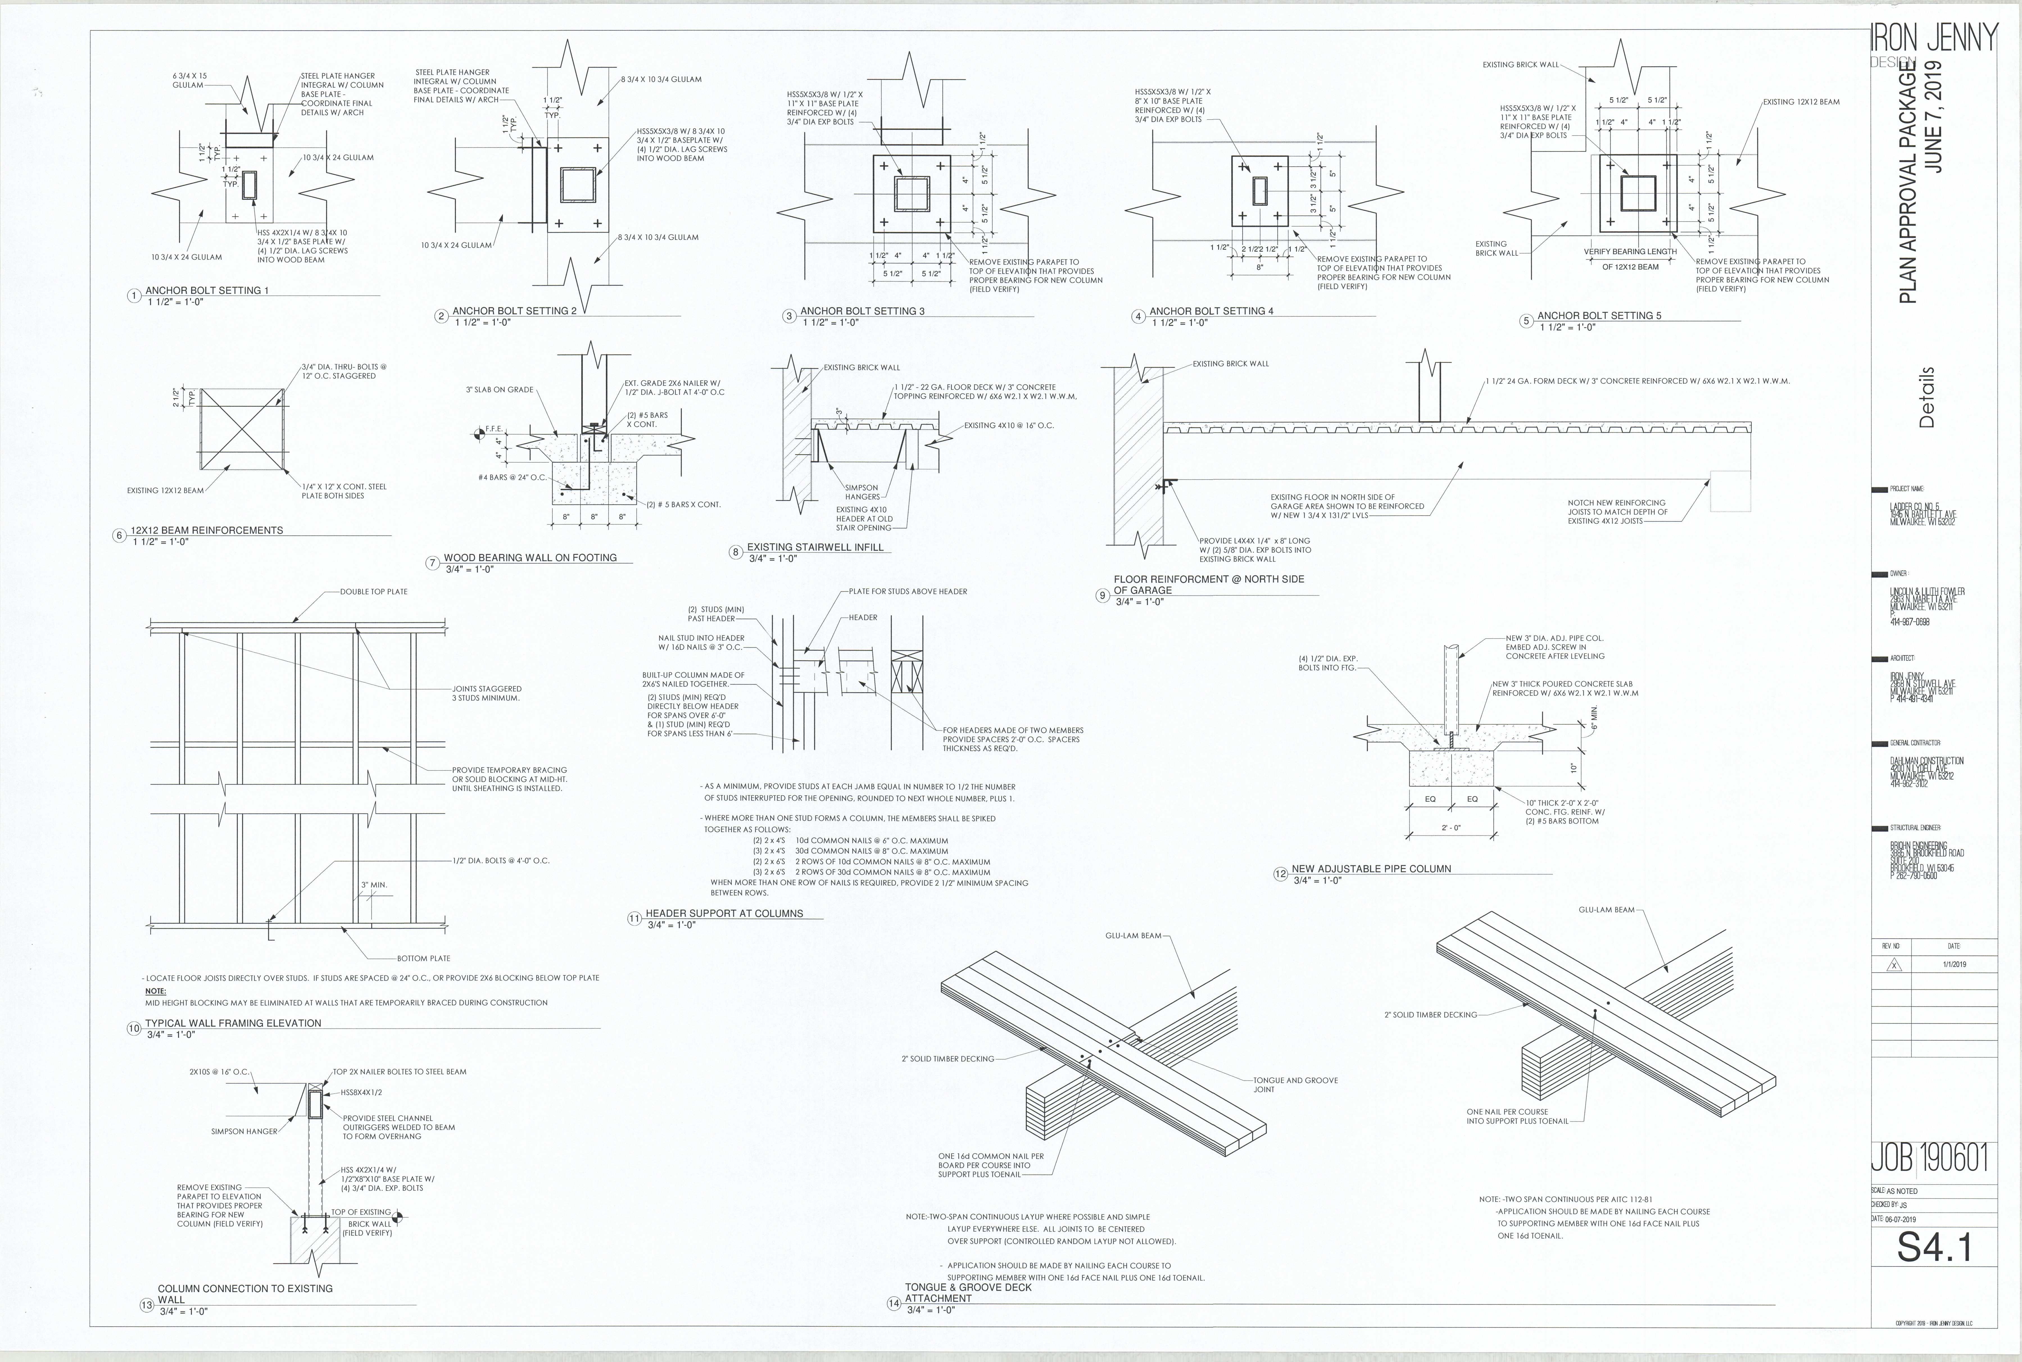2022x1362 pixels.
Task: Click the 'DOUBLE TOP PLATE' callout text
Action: (373, 592)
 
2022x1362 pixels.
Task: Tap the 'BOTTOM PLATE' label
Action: (424, 958)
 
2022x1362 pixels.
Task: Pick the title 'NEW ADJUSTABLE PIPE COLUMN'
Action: (1371, 869)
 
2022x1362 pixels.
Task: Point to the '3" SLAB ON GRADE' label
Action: (499, 390)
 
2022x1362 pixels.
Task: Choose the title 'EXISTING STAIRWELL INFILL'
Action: (815, 547)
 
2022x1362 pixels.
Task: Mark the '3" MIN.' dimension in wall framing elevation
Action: (374, 885)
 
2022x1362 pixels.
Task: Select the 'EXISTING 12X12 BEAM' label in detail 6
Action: (165, 491)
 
